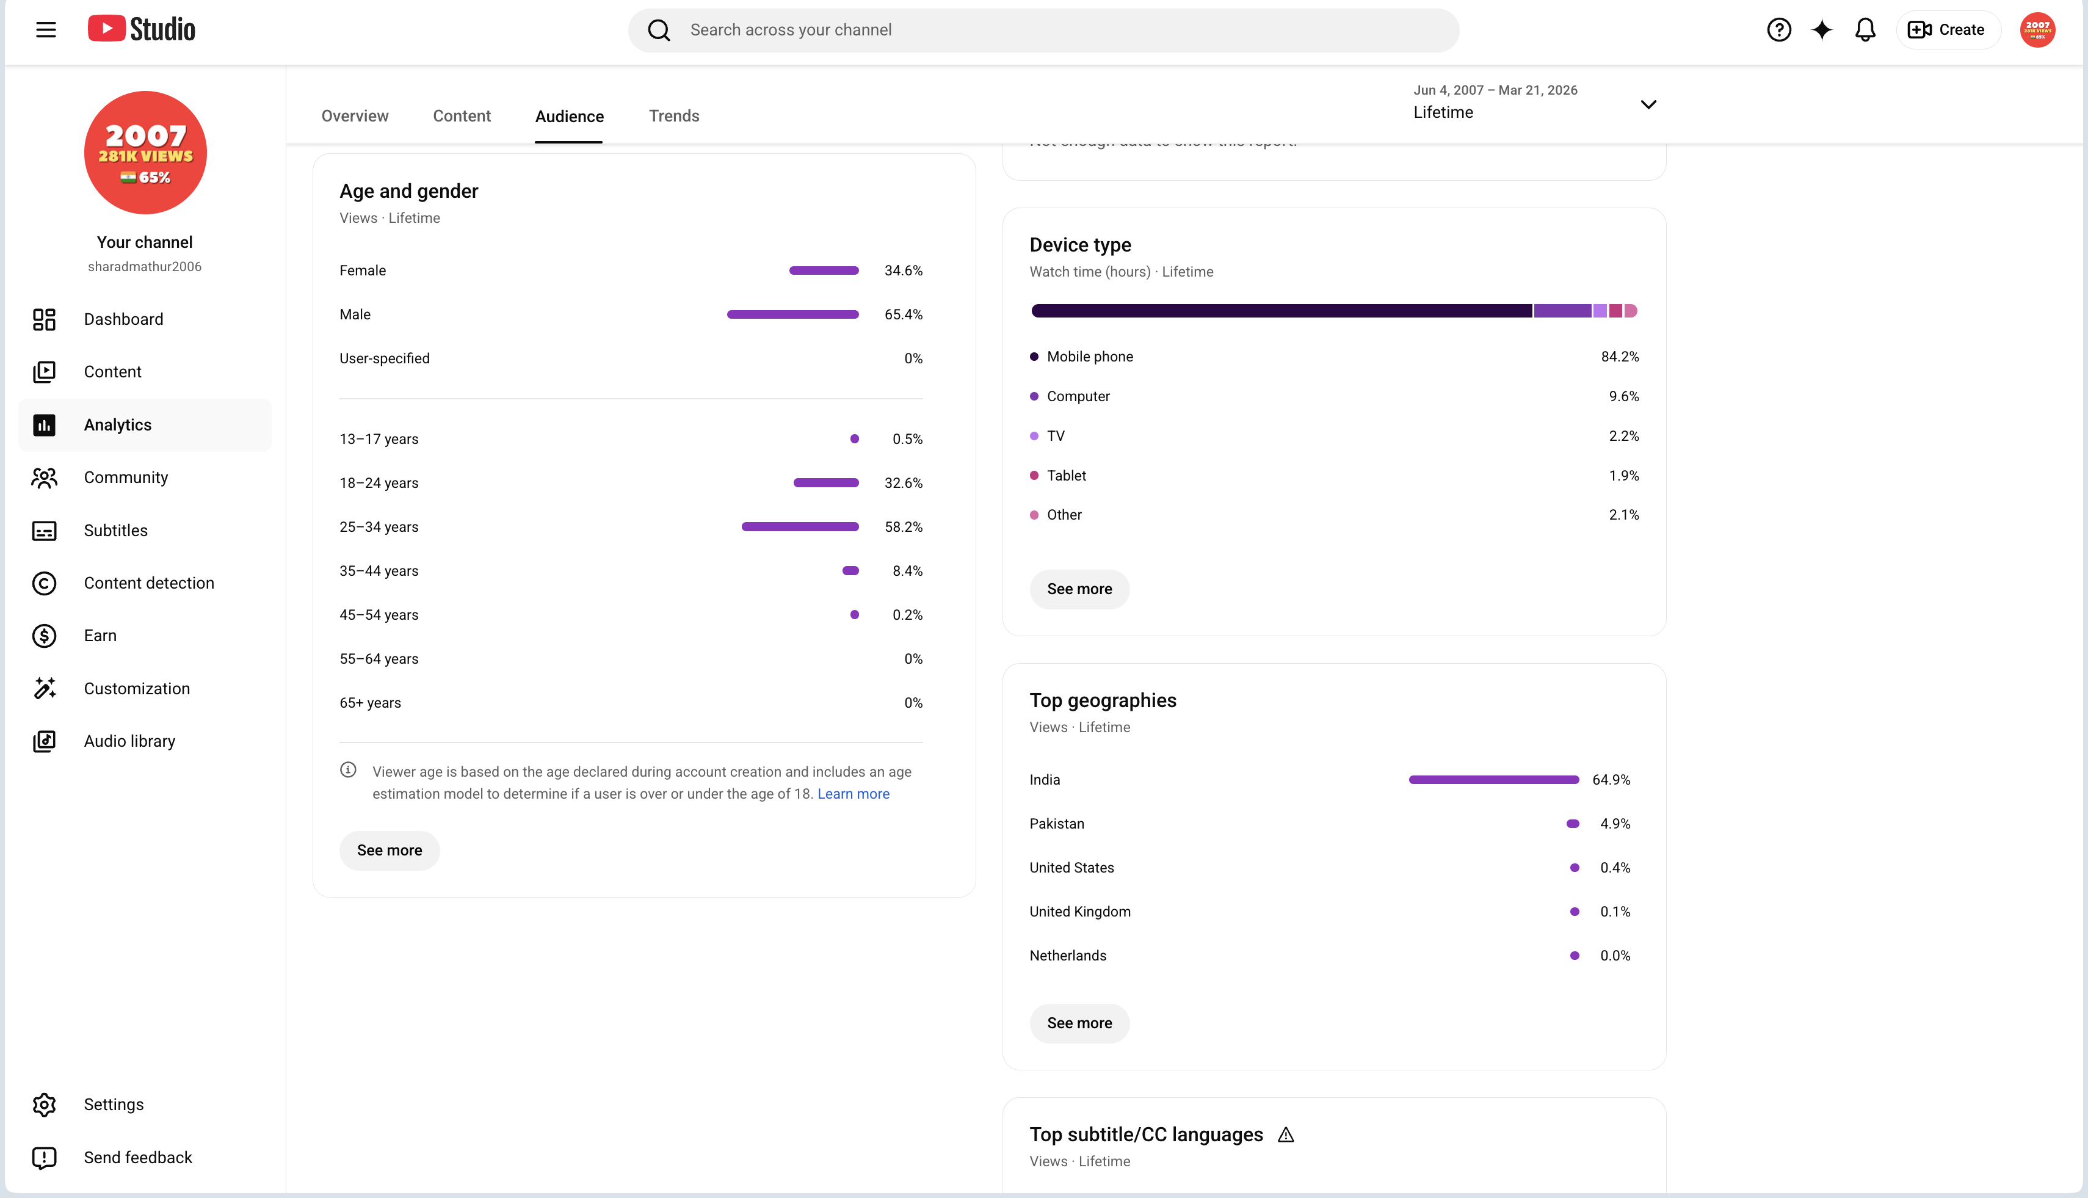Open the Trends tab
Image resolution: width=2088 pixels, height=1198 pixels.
tap(674, 116)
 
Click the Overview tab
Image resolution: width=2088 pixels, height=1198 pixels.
tap(355, 116)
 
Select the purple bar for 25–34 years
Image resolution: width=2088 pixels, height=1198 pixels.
tap(800, 526)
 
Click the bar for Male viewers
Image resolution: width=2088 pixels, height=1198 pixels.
tap(792, 314)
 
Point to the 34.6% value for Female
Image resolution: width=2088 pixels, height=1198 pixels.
tap(904, 270)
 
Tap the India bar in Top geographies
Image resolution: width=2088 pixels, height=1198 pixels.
tap(1493, 779)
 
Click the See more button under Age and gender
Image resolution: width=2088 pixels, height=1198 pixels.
tap(389, 850)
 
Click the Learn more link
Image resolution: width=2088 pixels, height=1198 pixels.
tap(853, 794)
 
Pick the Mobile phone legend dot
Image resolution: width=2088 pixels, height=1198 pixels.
tap(1034, 356)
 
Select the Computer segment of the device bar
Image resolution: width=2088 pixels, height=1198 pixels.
tap(1562, 311)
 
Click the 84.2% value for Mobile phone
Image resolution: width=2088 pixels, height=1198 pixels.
tap(1619, 356)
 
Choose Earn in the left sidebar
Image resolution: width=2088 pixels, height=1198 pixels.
tap(100, 635)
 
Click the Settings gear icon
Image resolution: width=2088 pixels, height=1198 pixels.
tap(45, 1104)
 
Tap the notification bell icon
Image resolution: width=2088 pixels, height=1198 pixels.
tap(1865, 31)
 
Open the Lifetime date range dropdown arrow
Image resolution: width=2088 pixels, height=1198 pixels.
tap(1648, 104)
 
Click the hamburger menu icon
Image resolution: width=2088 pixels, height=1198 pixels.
tap(46, 31)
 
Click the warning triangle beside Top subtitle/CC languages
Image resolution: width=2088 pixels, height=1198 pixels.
tap(1286, 1134)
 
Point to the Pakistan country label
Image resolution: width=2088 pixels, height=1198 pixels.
tap(1056, 824)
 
